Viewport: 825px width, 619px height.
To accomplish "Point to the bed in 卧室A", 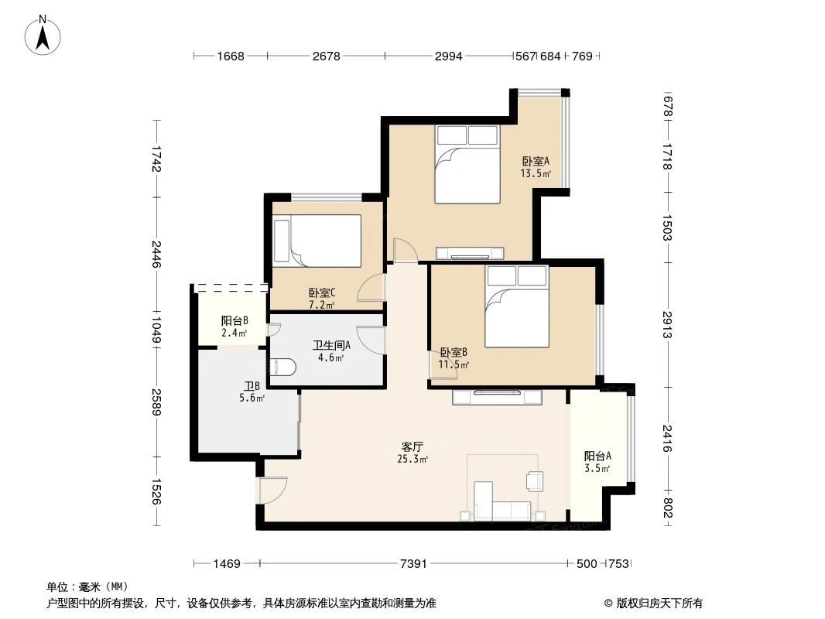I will (x=467, y=163).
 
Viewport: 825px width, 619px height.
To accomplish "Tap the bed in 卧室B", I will (x=516, y=306).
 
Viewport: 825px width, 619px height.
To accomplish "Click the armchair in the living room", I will (x=535, y=480).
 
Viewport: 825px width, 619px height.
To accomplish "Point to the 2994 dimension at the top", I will (x=448, y=56).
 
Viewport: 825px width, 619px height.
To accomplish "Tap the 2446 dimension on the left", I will (x=156, y=255).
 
